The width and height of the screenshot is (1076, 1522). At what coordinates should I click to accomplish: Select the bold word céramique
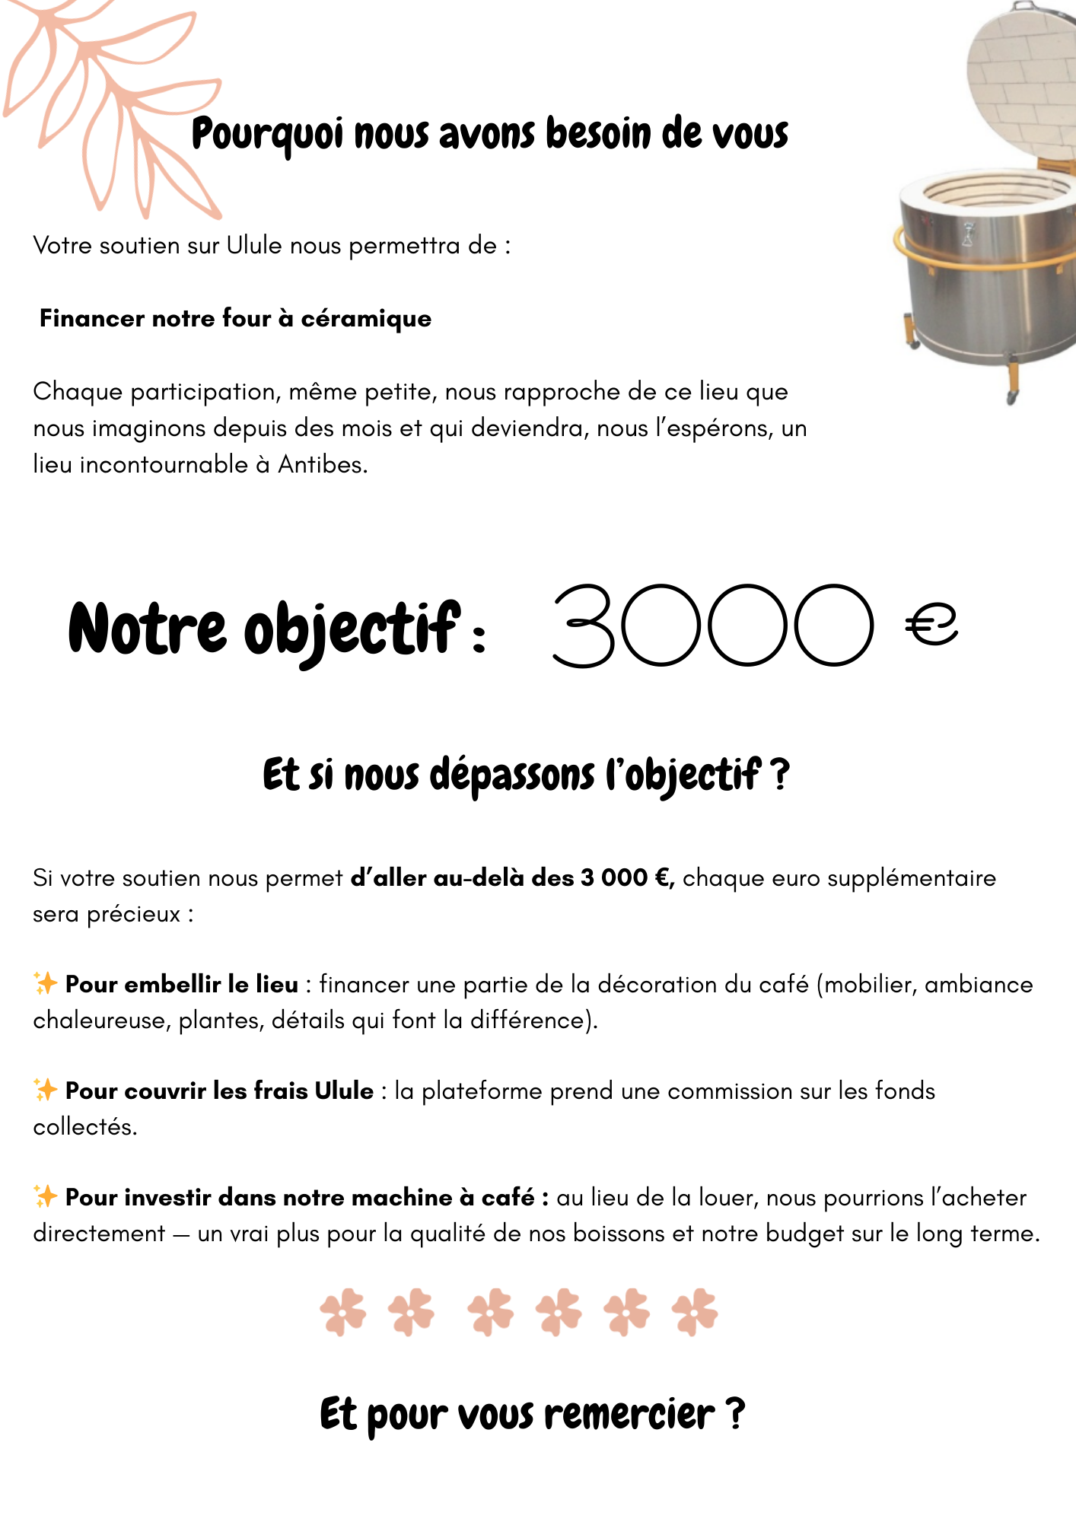[366, 319]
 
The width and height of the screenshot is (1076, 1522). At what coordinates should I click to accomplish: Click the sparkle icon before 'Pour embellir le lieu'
[46, 983]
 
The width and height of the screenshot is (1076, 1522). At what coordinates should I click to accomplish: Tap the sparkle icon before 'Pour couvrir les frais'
[46, 1090]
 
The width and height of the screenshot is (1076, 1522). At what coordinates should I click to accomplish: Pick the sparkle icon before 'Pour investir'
[46, 1196]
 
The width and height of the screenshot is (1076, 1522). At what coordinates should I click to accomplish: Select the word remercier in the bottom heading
[629, 1415]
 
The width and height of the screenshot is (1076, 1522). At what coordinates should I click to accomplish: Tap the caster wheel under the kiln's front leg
[1011, 397]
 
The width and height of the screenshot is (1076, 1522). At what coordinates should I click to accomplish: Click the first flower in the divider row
[343, 1312]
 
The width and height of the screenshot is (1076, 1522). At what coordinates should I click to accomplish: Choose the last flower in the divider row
[695, 1312]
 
